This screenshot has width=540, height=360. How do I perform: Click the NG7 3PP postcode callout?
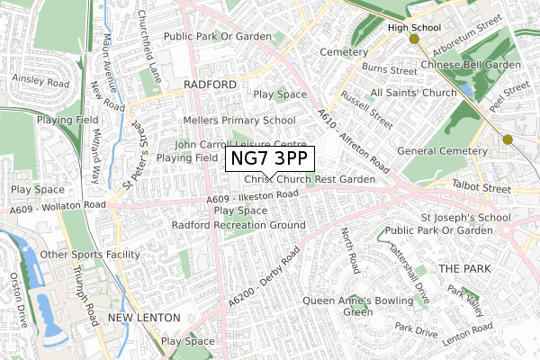269,158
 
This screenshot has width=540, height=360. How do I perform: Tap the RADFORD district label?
209,84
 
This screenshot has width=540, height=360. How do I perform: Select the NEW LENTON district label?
144,319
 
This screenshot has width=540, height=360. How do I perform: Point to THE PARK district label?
462,269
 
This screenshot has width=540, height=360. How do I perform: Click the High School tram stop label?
414,28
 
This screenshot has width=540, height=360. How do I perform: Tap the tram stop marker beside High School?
414,40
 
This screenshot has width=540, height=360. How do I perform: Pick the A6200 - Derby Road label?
263,276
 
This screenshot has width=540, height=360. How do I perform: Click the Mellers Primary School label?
238,120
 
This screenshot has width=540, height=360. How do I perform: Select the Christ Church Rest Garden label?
309,180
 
